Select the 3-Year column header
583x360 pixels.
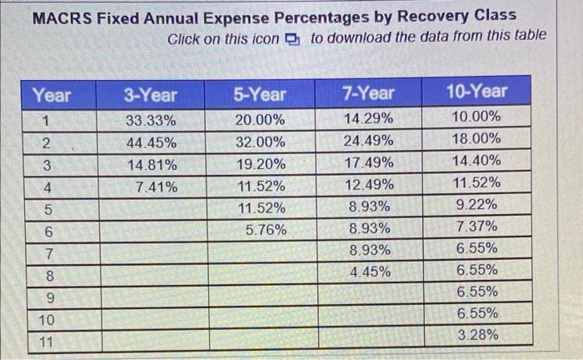tap(151, 93)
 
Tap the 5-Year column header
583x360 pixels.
tap(260, 93)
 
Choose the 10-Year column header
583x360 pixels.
tap(477, 91)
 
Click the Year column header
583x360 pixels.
tap(52, 95)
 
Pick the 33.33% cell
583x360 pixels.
tap(151, 120)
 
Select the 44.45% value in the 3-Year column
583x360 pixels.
tap(151, 142)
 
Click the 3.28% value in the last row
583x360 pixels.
tap(478, 335)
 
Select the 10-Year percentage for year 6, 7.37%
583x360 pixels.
tap(478, 227)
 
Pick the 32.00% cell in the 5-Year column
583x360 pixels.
tap(260, 142)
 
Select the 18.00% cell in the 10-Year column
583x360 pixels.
tap(477, 139)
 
